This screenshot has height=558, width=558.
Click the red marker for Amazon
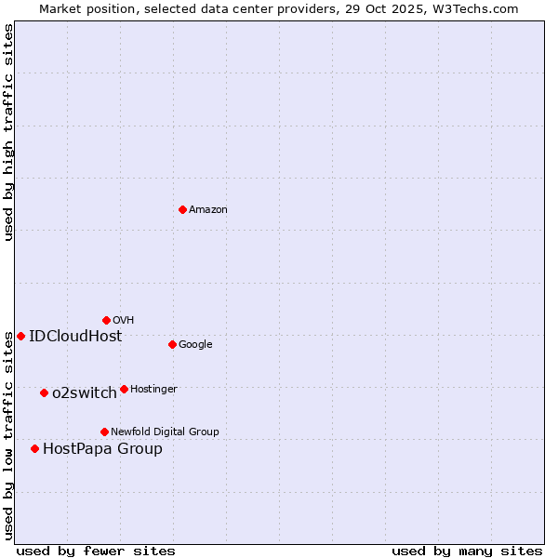click(x=182, y=209)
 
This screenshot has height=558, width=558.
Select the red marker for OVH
click(x=106, y=320)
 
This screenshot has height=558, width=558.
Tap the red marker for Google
click(x=172, y=344)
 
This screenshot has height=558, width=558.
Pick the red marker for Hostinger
click(x=124, y=389)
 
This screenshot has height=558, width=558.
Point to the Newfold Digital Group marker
click(x=104, y=432)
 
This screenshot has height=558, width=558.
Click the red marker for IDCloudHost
click(x=20, y=336)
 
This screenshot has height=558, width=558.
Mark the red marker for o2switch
click(x=44, y=392)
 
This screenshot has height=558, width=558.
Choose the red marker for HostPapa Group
click(x=34, y=448)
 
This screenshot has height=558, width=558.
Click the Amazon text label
click(x=208, y=210)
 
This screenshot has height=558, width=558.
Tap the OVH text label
click(x=124, y=321)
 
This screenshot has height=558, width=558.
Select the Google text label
click(x=195, y=345)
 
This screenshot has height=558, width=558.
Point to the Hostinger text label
click(x=153, y=390)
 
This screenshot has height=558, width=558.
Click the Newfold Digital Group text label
click(x=165, y=432)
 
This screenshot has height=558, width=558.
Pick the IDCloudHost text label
click(x=75, y=337)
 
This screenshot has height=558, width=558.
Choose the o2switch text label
click(x=84, y=393)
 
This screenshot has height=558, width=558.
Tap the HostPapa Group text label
click(x=102, y=449)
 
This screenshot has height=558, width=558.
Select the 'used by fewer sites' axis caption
click(x=96, y=551)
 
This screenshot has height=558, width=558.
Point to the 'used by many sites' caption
click(x=467, y=551)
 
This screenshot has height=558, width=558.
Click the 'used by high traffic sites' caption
click(x=8, y=132)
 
